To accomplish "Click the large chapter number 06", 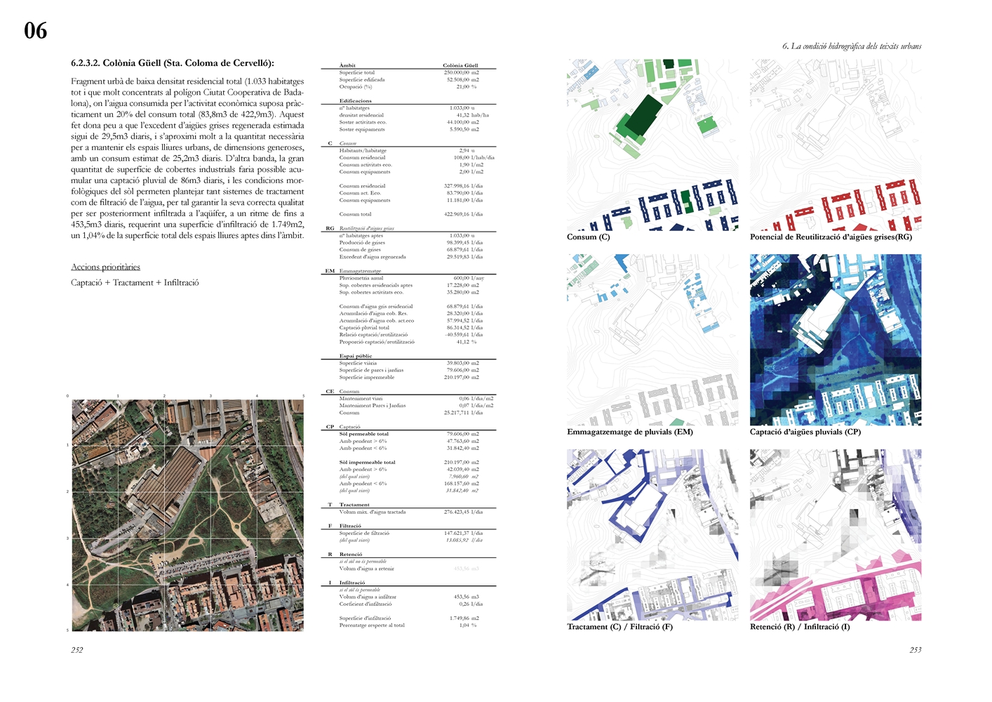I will tap(36, 30).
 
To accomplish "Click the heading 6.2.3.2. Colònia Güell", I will tap(172, 63).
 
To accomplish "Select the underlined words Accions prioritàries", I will tap(105, 267).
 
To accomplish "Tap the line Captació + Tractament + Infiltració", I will tap(135, 283).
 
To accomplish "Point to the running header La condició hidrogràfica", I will tap(852, 46).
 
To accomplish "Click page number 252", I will tap(77, 650).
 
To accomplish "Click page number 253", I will tap(916, 650).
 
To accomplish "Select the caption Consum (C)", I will tap(588, 237).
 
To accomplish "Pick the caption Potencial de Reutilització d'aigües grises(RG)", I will tap(831, 237).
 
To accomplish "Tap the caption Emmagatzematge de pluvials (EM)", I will tap(629, 432).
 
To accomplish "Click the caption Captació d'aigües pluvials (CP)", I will tap(805, 432).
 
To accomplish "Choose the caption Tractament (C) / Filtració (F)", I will tap(619, 627).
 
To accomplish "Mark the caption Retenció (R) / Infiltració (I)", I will tap(799, 627).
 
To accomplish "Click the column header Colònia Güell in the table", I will tap(460, 65).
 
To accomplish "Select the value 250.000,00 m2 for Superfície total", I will tap(461, 72).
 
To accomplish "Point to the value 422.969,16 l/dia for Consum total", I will tap(464, 214).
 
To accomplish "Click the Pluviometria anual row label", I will tap(361, 278).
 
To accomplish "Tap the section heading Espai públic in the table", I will tap(356, 356).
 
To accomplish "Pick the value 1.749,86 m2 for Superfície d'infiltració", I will tap(464, 618).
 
